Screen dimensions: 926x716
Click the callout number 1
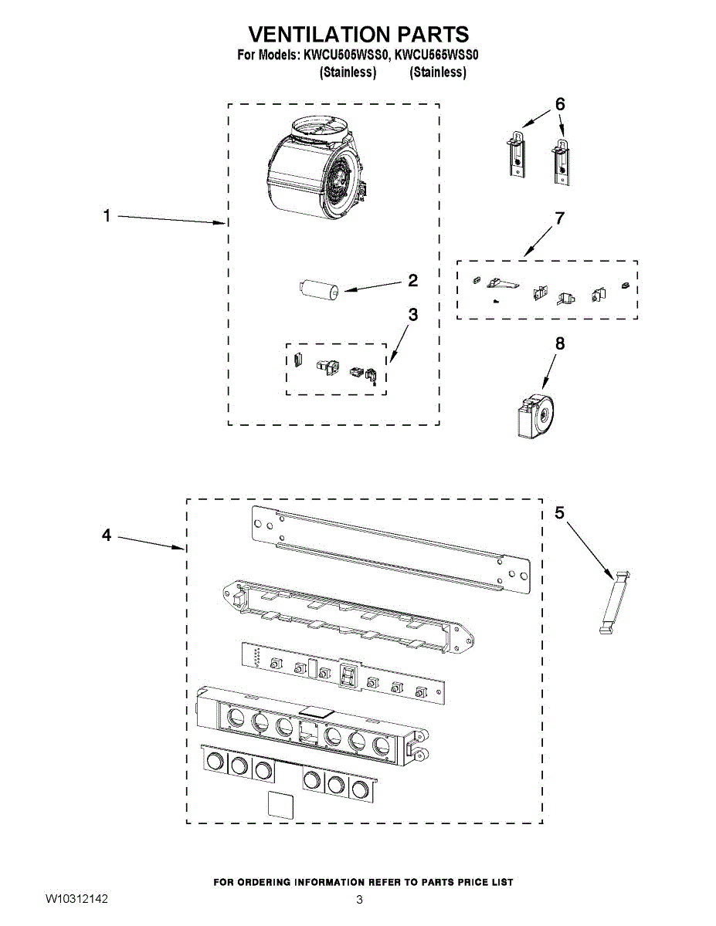click(107, 217)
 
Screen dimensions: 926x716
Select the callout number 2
click(412, 281)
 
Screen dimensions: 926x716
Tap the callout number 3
click(412, 315)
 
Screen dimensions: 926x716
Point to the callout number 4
click(107, 535)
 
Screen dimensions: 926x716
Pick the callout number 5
click(560, 512)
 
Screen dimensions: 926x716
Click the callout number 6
click(560, 103)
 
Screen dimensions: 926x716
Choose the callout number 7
click(559, 218)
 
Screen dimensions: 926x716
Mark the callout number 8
click(559, 343)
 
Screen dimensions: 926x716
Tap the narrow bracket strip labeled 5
click(615, 603)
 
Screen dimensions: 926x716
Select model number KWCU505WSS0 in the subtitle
click(345, 56)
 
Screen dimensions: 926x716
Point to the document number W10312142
click(76, 900)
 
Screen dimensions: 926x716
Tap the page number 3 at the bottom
click(359, 900)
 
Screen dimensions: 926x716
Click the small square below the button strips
click(280, 804)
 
